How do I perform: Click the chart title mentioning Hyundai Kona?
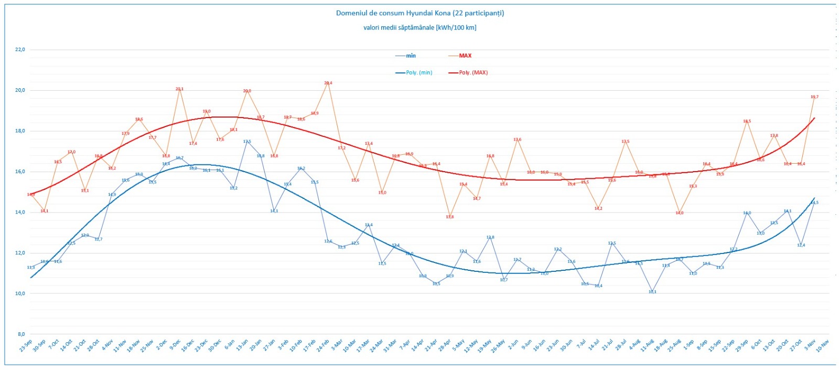419,13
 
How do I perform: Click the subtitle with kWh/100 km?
419,27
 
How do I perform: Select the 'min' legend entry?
411,56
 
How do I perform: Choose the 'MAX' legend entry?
465,56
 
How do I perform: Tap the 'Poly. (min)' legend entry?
419,72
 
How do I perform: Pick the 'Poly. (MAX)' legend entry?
473,72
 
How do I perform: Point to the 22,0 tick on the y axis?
20,49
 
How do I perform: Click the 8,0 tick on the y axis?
21,334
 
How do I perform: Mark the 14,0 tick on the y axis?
20,212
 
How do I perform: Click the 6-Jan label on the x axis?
230,345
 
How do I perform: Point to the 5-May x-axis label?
459,345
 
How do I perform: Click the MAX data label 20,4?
328,83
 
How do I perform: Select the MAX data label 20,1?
179,89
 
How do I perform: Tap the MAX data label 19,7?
814,97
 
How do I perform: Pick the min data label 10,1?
652,292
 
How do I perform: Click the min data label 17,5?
247,142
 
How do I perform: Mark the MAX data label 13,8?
450,217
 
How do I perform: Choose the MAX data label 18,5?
747,121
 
